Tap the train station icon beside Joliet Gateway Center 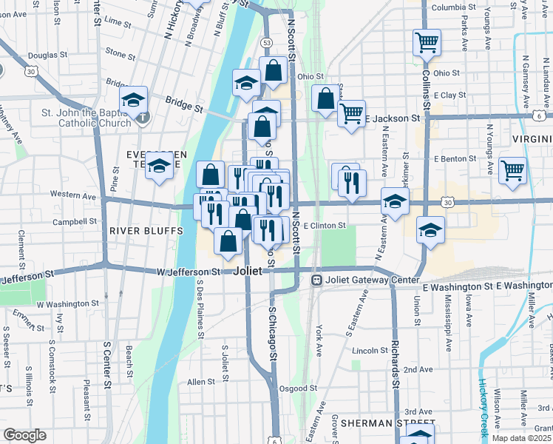click(x=316, y=280)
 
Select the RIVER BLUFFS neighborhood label click(x=146, y=230)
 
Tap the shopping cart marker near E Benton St click(x=512, y=170)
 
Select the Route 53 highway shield click(x=266, y=43)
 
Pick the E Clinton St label click(x=325, y=225)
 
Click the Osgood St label click(x=298, y=388)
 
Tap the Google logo click(x=24, y=435)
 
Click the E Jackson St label click(x=396, y=118)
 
